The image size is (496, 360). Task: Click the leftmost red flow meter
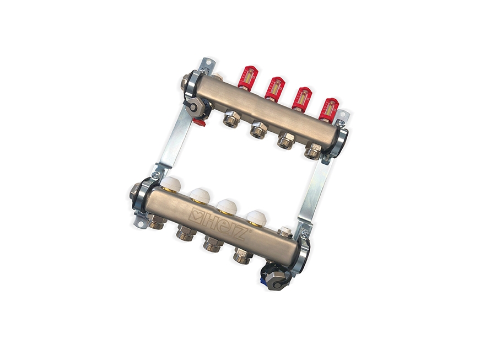point(247,77)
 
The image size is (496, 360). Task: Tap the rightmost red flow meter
point(328,110)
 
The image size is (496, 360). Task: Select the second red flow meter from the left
point(274,88)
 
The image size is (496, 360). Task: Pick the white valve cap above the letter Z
point(256,218)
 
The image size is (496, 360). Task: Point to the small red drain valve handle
point(201,123)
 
